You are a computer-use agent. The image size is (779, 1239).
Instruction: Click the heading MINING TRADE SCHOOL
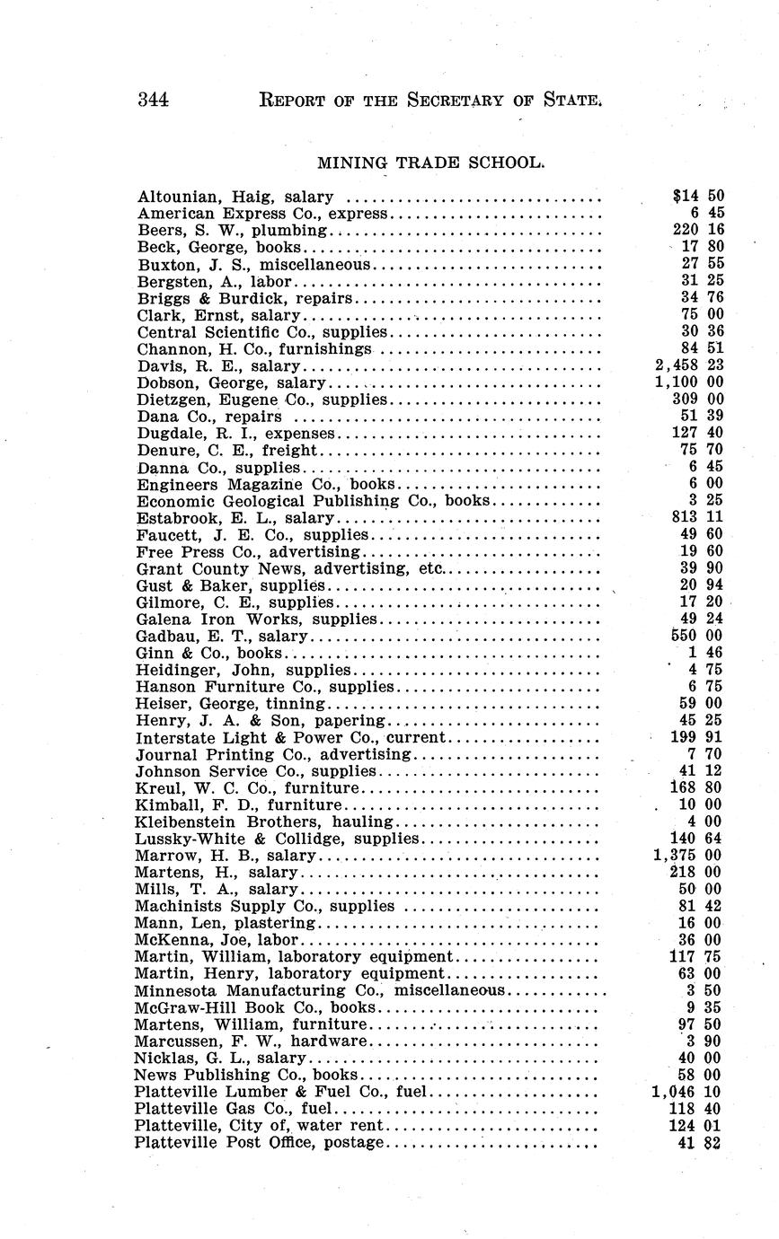431,163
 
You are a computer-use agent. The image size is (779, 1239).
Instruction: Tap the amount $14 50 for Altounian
698,197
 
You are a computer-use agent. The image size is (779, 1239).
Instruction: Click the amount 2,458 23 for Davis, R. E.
687,366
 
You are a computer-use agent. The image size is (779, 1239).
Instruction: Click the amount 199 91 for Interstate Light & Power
698,738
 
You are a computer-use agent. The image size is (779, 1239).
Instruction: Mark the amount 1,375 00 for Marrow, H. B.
687,856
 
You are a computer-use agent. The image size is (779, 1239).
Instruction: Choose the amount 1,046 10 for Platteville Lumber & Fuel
687,1093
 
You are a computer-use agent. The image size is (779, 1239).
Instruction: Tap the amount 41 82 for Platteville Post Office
702,1143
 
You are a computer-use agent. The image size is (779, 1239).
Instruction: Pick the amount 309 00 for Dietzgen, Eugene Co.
698,400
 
